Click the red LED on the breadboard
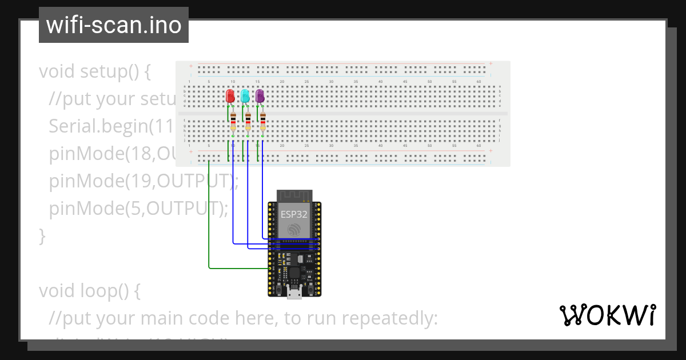[x=230, y=96]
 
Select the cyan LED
[x=245, y=96]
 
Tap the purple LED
[x=260, y=96]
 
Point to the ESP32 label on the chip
[x=294, y=214]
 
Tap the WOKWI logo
[x=607, y=315]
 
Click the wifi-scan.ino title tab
[x=113, y=25]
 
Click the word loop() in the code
[x=114, y=291]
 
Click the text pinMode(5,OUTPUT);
[x=138, y=209]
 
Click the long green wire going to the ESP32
[x=209, y=217]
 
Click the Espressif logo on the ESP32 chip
[x=294, y=230]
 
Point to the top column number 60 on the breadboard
[x=478, y=82]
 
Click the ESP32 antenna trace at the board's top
[x=294, y=195]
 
